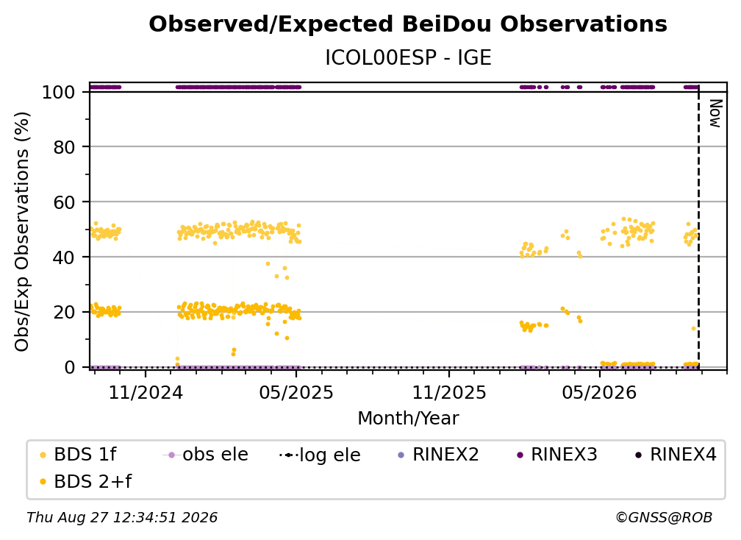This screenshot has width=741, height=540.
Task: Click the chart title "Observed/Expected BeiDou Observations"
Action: [x=408, y=24]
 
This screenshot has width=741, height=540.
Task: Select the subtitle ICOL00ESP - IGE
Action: [x=408, y=58]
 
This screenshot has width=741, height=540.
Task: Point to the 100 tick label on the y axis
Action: [x=59, y=92]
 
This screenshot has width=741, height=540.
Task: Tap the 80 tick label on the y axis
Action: [x=64, y=147]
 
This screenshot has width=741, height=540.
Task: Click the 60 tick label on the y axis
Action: [x=64, y=202]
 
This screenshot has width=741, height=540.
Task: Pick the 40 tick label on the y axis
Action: [x=64, y=257]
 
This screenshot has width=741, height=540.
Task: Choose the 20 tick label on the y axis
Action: [x=64, y=312]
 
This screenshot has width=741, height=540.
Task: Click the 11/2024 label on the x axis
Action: [x=146, y=392]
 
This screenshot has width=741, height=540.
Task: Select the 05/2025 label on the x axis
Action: [x=296, y=392]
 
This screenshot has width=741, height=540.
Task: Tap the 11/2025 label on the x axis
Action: [x=449, y=392]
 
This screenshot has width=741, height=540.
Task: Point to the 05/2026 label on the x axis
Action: [x=600, y=392]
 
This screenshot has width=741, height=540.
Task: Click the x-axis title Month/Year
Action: [x=408, y=418]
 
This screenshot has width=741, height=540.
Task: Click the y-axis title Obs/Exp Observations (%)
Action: [x=22, y=232]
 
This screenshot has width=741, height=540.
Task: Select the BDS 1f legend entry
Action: [x=78, y=455]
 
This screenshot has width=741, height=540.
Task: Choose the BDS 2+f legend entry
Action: [x=85, y=481]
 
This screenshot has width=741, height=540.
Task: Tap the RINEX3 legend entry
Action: [x=557, y=455]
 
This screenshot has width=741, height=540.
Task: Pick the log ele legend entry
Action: [x=320, y=455]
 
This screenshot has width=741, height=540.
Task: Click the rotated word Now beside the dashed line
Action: [x=716, y=113]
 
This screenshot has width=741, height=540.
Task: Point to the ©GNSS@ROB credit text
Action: [x=664, y=517]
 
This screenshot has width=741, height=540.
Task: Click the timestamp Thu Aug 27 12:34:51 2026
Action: [x=122, y=517]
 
